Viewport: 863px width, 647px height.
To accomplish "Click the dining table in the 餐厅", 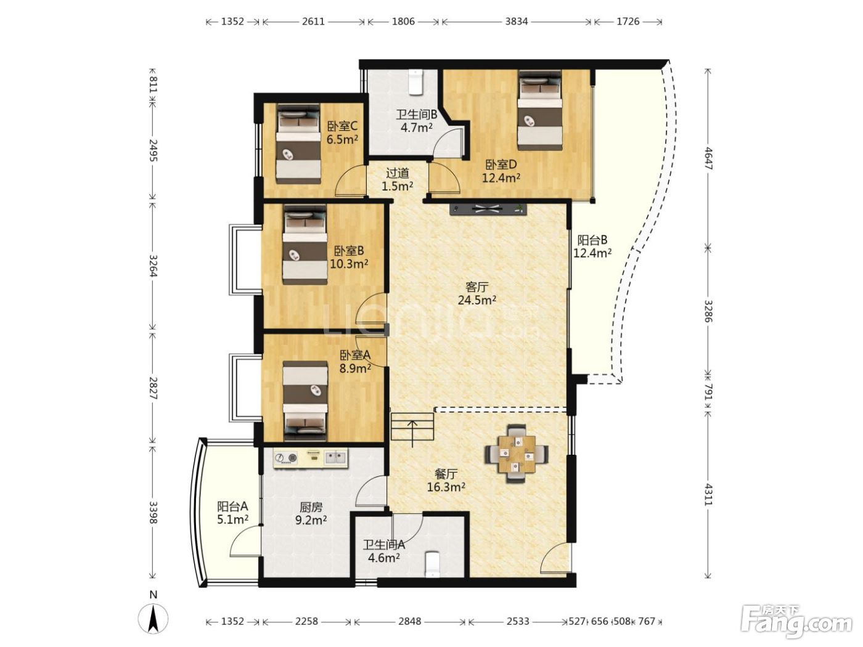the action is tap(517, 454).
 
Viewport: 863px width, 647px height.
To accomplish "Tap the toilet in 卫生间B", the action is tap(415, 82).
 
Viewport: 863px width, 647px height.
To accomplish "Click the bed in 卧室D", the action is tap(539, 110).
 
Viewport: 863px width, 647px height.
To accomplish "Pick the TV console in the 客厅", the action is tap(488, 209).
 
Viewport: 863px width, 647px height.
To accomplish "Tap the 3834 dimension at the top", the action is tap(516, 21).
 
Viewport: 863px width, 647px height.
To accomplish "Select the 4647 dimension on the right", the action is tap(708, 158).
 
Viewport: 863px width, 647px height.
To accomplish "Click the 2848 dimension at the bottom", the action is tap(410, 621).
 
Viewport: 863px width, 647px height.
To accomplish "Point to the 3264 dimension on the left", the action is tap(153, 266).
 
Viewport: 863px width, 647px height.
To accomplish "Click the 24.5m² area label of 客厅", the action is tap(476, 300).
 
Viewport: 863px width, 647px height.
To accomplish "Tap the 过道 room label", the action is tap(397, 173).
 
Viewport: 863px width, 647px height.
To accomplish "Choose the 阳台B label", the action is tap(592, 240).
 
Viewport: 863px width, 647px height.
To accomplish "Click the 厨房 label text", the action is tap(311, 507).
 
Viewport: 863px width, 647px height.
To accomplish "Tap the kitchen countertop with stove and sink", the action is tap(311, 458).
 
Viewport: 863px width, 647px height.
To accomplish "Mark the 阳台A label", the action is tap(232, 506).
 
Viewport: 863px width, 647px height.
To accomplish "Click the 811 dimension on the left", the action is tap(153, 84).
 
